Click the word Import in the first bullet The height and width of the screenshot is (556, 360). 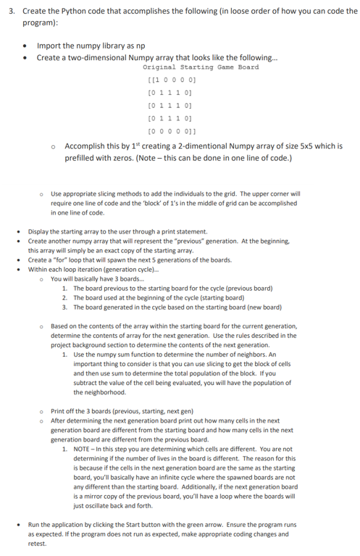[48, 46]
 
